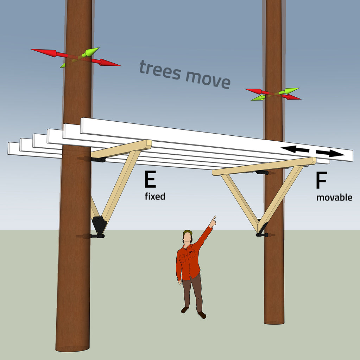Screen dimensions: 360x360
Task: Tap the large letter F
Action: (321, 180)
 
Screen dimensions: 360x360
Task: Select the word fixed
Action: (155, 196)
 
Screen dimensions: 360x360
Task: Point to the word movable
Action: (334, 198)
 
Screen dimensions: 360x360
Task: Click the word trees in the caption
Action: (160, 70)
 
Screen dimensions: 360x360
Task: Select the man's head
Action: (188, 237)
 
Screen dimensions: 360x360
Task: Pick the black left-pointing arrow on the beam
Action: (295, 149)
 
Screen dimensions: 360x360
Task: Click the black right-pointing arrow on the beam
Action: (330, 153)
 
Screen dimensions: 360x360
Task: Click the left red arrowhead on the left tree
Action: (44, 53)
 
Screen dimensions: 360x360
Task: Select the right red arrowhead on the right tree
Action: (293, 97)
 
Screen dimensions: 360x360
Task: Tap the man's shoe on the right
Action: (202, 315)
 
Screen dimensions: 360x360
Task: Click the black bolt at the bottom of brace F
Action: (262, 235)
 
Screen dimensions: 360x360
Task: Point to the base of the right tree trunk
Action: (274, 321)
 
